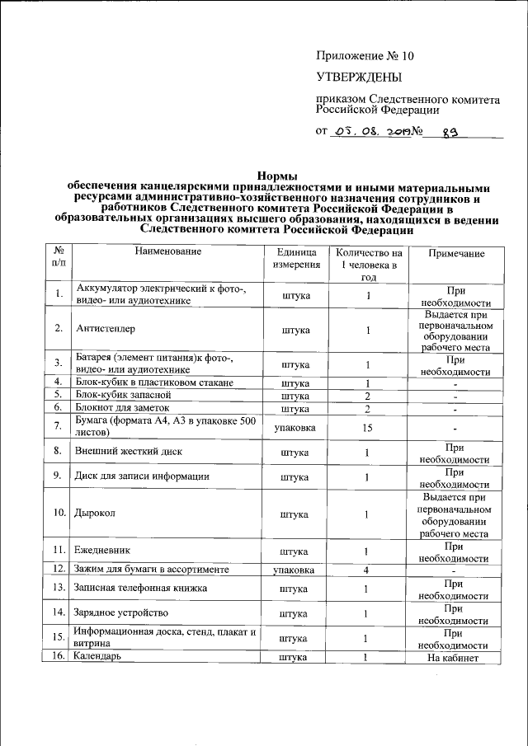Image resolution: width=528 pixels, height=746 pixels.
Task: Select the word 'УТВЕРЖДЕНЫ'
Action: (359, 77)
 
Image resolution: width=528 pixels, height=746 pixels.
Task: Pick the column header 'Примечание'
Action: (456, 254)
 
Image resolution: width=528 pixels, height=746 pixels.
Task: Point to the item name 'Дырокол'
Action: (96, 514)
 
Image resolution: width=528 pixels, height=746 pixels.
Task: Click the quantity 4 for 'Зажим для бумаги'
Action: (368, 570)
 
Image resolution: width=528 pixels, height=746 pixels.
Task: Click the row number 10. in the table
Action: (59, 514)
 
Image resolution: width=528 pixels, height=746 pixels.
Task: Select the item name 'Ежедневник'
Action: (103, 550)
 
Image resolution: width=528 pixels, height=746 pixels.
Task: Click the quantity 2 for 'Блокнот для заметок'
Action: (368, 408)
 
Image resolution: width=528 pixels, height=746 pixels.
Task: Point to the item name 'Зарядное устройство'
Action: (122, 613)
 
